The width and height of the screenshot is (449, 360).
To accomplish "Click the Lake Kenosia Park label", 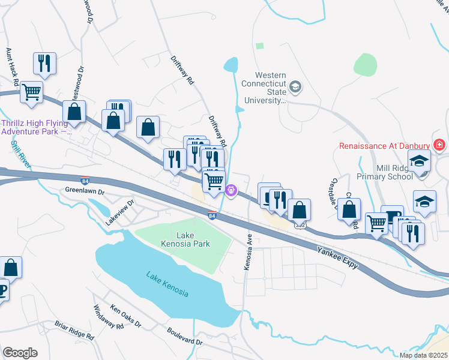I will [x=185, y=239].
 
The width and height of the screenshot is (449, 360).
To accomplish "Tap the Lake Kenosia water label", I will [x=167, y=284].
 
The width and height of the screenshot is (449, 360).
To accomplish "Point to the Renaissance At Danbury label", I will [x=384, y=146].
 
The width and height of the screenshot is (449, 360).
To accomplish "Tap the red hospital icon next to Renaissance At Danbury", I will [x=439, y=146].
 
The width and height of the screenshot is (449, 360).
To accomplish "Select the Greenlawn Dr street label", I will [x=85, y=191].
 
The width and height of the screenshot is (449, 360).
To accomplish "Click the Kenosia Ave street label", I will [x=247, y=251].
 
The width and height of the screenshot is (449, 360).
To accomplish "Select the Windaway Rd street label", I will [x=108, y=317].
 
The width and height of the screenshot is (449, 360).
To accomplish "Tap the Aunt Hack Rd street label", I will [x=11, y=66].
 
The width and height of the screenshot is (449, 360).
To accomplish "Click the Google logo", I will [x=20, y=352].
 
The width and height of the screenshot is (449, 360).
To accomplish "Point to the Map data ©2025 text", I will [x=423, y=355].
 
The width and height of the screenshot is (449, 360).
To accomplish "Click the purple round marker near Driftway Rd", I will [x=232, y=190].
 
